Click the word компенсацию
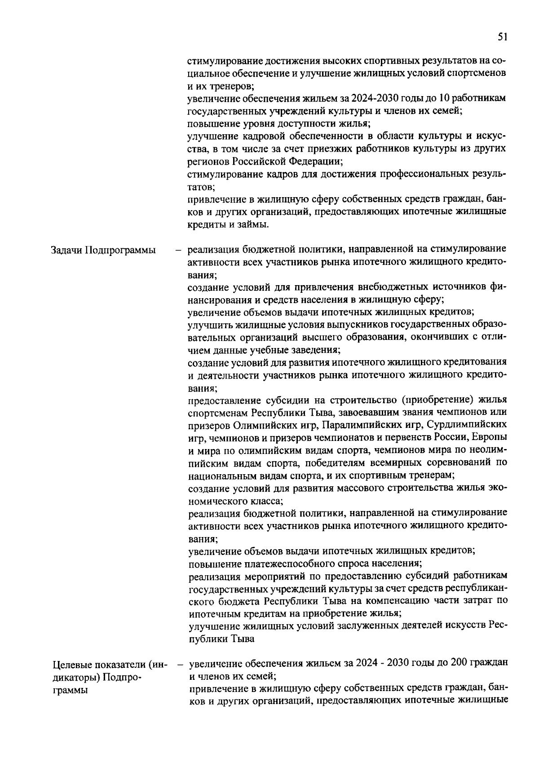point(402,600)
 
